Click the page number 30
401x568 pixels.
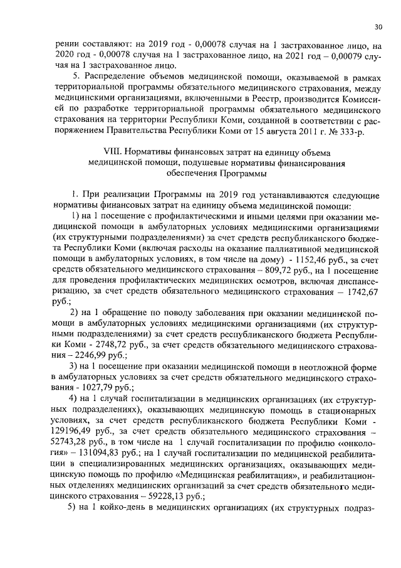[378, 27]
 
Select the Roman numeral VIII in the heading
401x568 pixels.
[112, 153]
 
